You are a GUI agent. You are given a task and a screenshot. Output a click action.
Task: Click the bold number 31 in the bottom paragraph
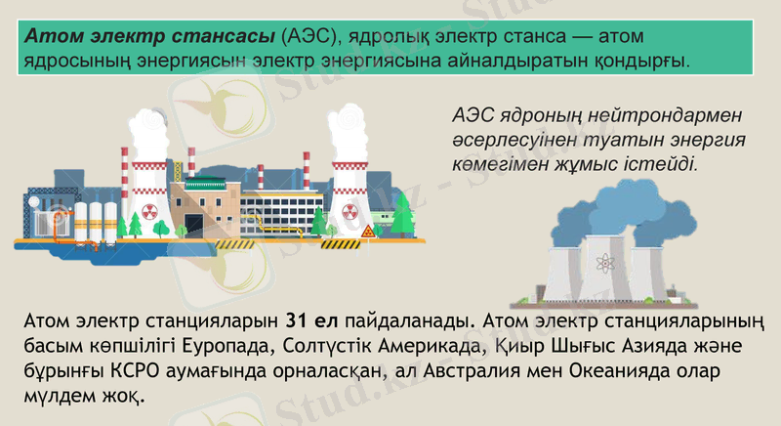[299, 319]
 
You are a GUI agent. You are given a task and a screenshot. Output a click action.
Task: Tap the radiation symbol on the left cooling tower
[148, 211]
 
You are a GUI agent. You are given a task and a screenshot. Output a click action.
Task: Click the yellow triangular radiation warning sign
[368, 232]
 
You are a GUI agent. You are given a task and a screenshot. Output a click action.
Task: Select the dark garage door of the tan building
[194, 224]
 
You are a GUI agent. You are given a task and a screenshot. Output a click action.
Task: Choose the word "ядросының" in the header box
[67, 61]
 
